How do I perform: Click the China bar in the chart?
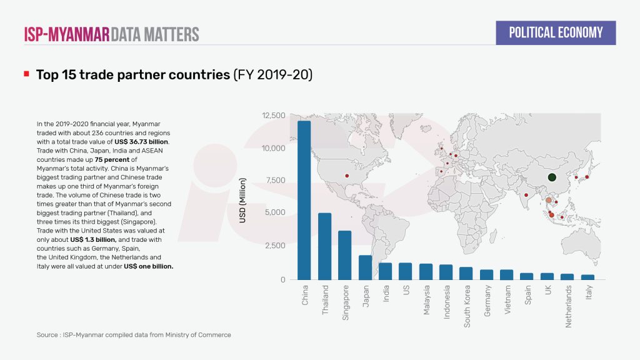pos(304,200)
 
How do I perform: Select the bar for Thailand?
pos(325,246)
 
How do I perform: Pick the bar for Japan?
pos(366,267)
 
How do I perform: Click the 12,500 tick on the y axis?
pos(273,116)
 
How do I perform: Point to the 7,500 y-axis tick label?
pos(275,181)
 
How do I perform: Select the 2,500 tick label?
pos(275,246)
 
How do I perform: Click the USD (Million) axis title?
pos(243,200)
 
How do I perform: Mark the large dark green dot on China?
pos(551,177)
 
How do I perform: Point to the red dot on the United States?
pos(347,176)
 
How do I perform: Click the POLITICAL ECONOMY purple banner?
pos(556,32)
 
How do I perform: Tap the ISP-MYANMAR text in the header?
pos(66,34)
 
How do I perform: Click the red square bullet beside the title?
pos(27,74)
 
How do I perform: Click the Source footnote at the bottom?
pos(134,335)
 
